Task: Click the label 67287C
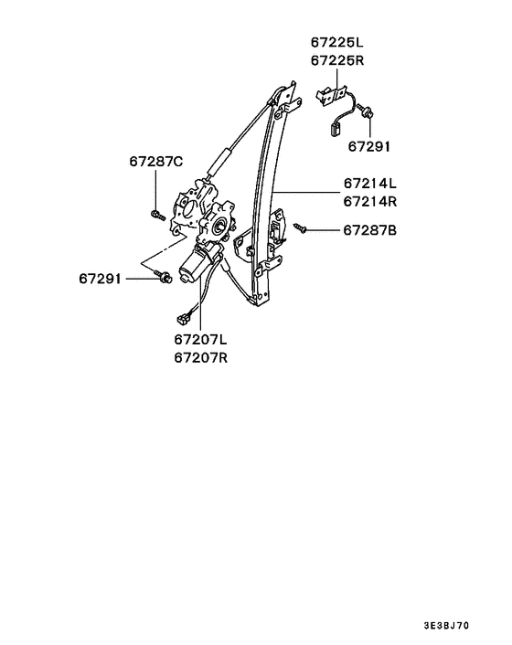(x=155, y=162)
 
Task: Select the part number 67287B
(x=370, y=230)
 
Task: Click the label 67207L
(x=200, y=340)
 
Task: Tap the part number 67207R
(x=200, y=357)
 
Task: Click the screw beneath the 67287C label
(x=156, y=215)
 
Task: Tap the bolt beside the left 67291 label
(x=164, y=276)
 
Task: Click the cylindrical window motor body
(x=195, y=264)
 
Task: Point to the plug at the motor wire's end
(x=182, y=318)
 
